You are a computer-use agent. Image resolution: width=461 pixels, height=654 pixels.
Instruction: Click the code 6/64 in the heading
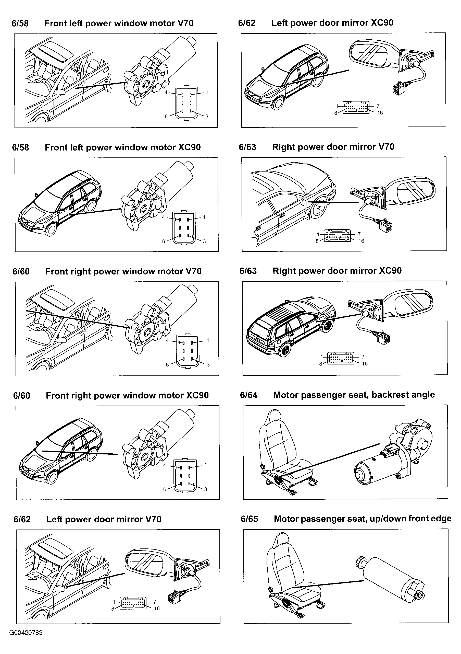point(248,395)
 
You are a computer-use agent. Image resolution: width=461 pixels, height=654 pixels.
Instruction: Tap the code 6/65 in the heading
point(249,519)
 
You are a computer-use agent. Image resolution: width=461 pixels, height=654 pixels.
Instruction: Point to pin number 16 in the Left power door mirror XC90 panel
point(380,113)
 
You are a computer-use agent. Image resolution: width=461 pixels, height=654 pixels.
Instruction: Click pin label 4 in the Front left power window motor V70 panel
point(166,92)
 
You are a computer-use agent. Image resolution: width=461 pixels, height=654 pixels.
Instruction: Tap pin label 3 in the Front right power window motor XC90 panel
point(206,489)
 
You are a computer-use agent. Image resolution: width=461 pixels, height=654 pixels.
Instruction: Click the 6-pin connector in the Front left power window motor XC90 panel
point(184,228)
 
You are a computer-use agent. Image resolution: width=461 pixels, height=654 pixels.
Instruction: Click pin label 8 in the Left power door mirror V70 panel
point(113,609)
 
